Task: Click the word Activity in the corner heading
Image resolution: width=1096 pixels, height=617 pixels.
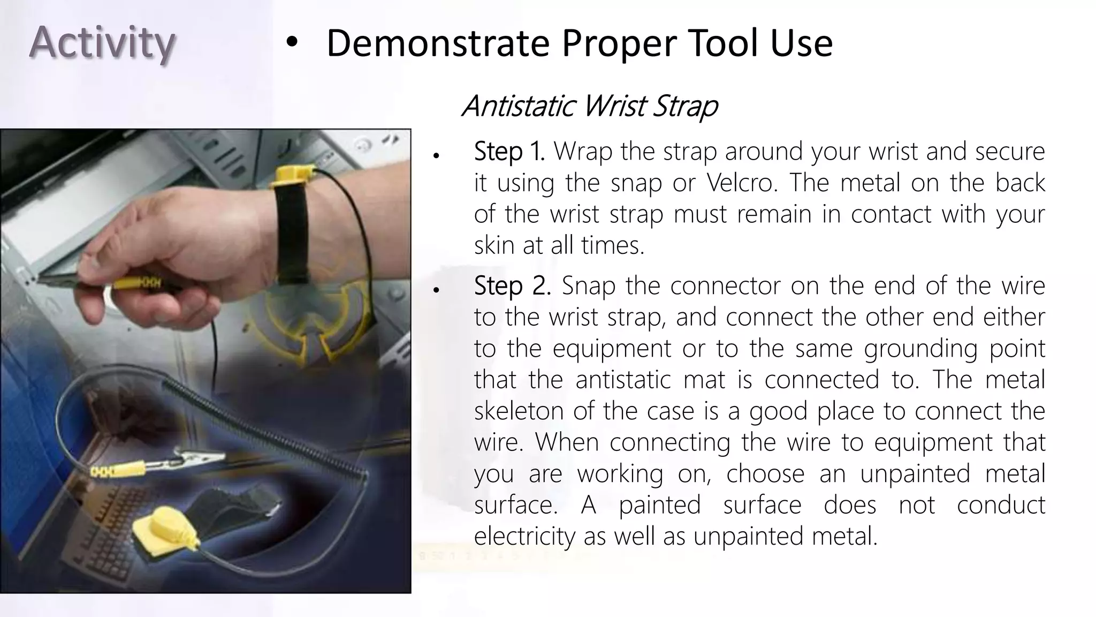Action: pos(102,43)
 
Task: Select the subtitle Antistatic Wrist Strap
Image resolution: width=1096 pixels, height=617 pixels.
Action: pos(589,106)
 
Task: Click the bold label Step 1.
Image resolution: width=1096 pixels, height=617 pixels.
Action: pos(508,152)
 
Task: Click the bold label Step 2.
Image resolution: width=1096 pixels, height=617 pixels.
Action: pos(512,286)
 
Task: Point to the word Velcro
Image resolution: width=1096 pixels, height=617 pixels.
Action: pos(741,183)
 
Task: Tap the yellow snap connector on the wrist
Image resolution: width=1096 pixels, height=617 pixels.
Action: pos(292,176)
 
